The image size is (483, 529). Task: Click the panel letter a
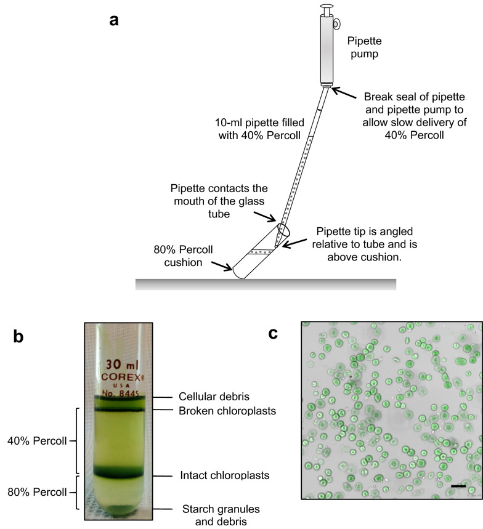point(113,20)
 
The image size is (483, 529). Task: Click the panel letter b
point(20,337)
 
